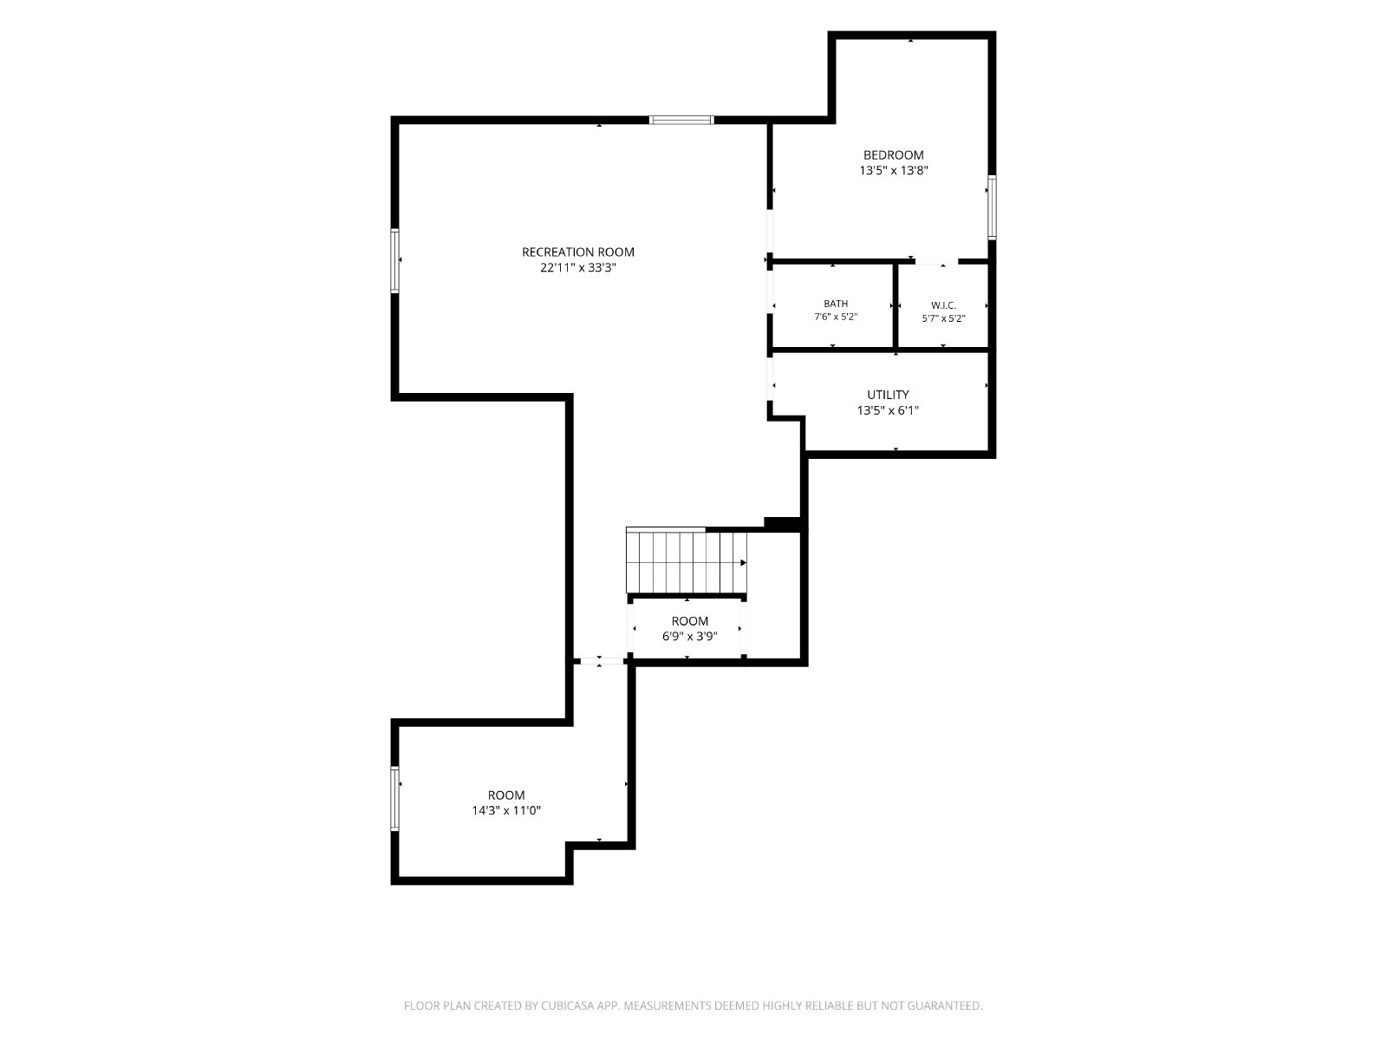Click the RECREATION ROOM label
577,252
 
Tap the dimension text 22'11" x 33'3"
577,267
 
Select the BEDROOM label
894,155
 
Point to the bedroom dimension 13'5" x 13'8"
894,170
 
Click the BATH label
836,304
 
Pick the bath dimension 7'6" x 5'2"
836,317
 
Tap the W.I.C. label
943,306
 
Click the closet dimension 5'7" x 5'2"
943,318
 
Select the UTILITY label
888,395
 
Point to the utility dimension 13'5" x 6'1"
888,410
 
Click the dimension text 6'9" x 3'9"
689,636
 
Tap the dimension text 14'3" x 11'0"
506,810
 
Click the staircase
687,561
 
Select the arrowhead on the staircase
743,562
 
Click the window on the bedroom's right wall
992,207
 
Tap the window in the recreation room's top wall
682,120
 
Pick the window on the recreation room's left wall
395,260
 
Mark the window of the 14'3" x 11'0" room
395,798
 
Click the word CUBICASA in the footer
568,1005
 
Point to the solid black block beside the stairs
784,523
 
